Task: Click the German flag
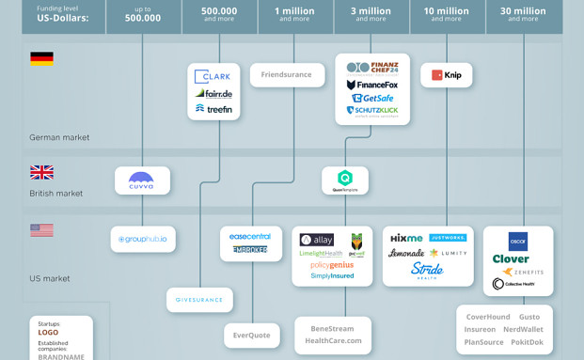click(x=41, y=58)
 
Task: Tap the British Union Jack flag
click(x=41, y=172)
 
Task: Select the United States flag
click(x=41, y=230)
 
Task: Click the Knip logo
click(x=446, y=75)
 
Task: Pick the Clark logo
click(x=214, y=77)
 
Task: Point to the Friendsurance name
click(x=287, y=75)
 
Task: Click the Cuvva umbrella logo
click(x=142, y=180)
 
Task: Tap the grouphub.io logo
click(x=143, y=240)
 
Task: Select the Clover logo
click(x=511, y=258)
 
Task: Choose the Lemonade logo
click(x=406, y=253)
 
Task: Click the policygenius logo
click(x=320, y=265)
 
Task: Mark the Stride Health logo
click(x=427, y=271)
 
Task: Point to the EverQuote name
click(x=251, y=335)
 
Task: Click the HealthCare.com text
click(x=333, y=340)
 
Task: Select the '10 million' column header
click(x=447, y=13)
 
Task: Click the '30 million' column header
click(x=523, y=13)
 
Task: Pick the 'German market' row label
click(x=59, y=137)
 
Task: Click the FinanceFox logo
click(x=372, y=85)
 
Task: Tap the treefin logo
click(x=213, y=108)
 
